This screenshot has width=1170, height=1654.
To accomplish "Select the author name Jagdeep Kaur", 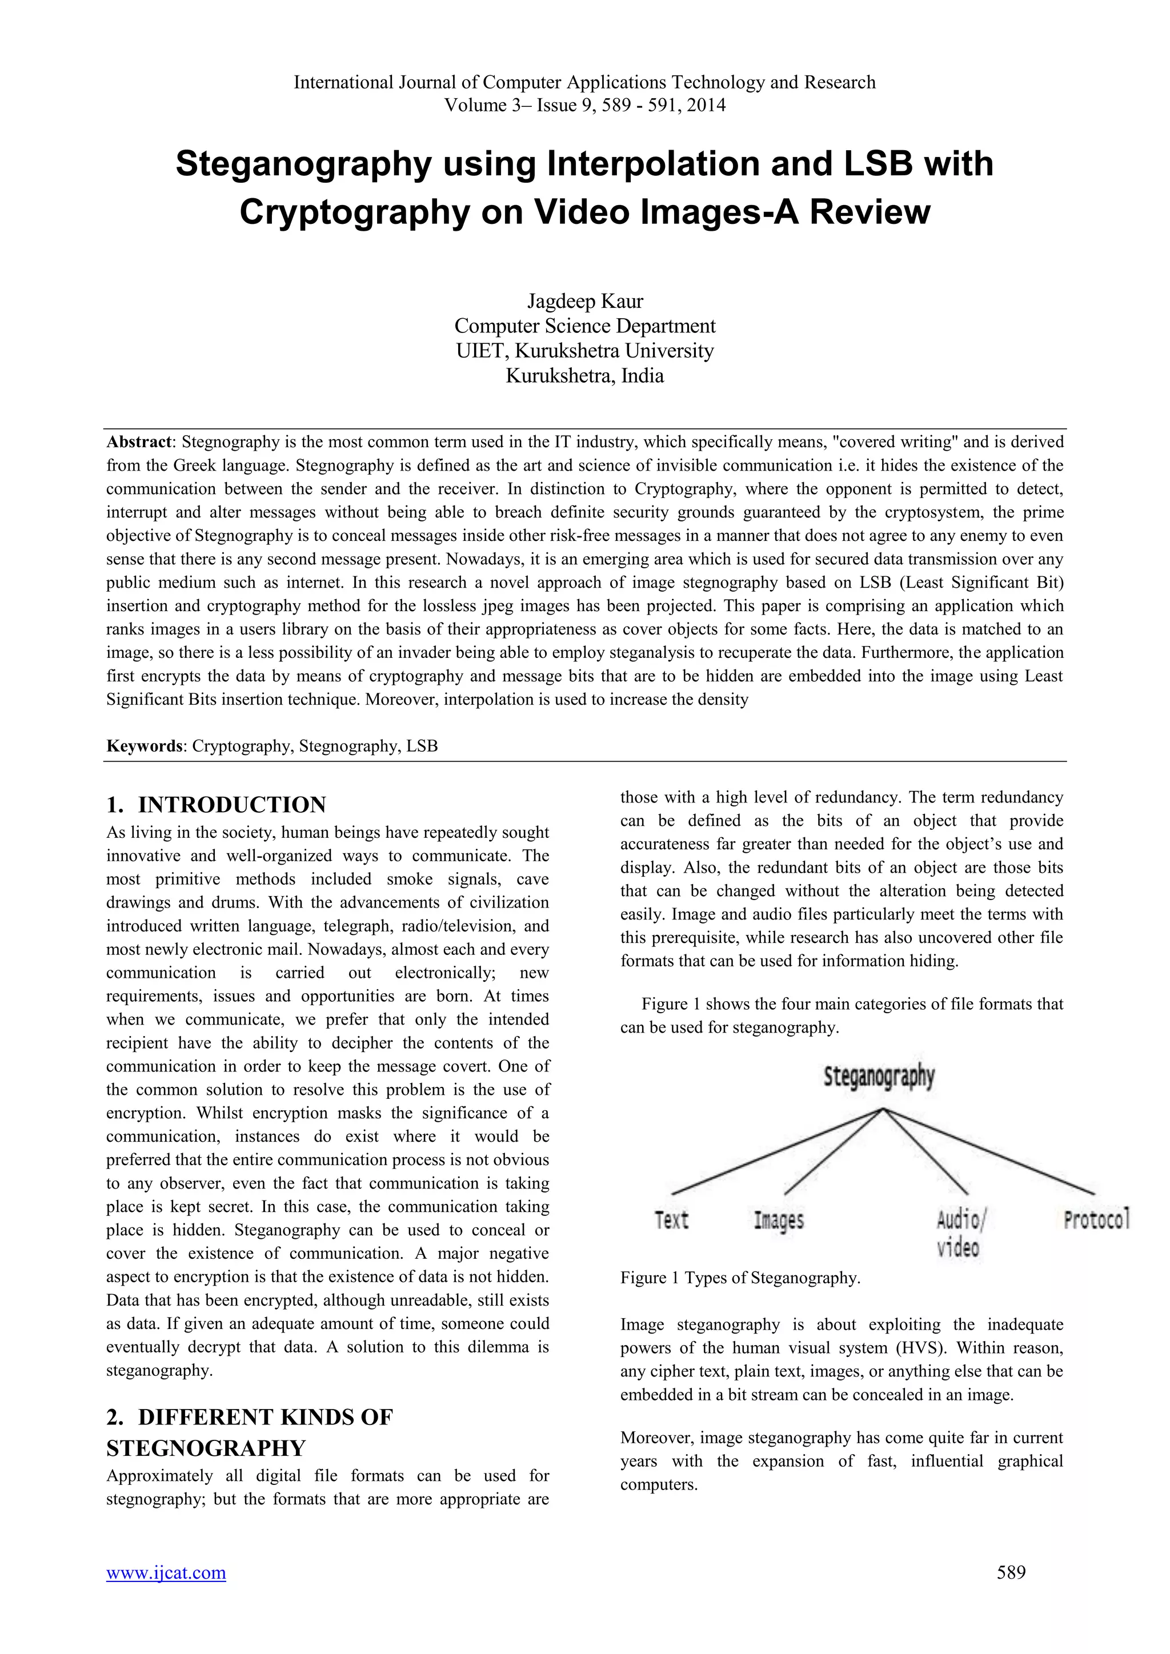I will coord(584,301).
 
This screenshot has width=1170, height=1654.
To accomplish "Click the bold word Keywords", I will coord(144,745).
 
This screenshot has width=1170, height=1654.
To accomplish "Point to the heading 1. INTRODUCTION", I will coord(216,805).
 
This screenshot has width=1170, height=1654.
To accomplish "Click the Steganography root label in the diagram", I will coord(879,1077).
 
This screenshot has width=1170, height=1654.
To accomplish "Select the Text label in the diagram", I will coord(671,1221).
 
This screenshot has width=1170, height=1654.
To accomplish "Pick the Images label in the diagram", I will coord(779,1221).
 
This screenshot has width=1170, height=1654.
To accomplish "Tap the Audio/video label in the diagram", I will coord(960,1233).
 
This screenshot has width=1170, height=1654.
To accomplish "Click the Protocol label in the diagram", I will coord(1096,1219).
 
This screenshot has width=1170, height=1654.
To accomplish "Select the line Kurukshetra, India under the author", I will coord(584,376).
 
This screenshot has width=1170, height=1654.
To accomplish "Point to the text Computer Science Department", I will coord(584,326).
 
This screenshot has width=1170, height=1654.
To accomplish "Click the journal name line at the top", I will coord(584,82).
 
